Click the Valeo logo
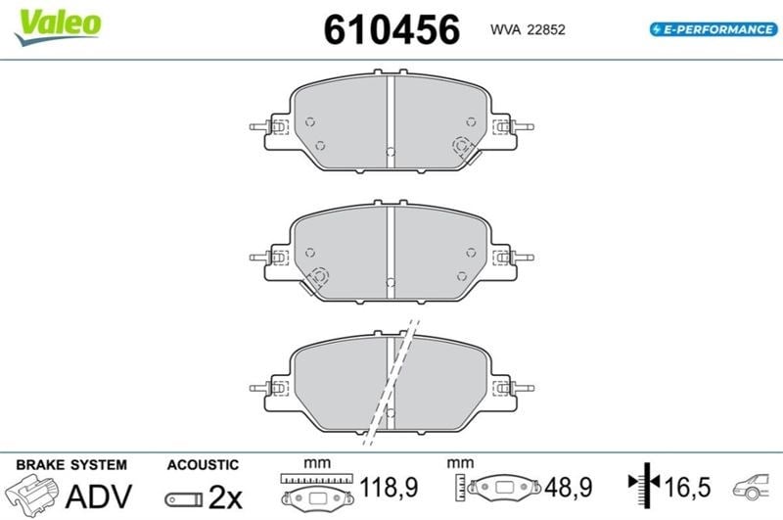(x=58, y=26)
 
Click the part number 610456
(x=391, y=29)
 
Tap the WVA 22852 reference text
(x=528, y=30)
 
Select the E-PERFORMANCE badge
(x=714, y=29)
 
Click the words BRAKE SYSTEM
(x=71, y=465)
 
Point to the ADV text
(x=99, y=496)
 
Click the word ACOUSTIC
(x=203, y=465)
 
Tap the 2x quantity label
(x=225, y=496)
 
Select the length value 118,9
(x=389, y=487)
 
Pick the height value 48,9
(x=569, y=487)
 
